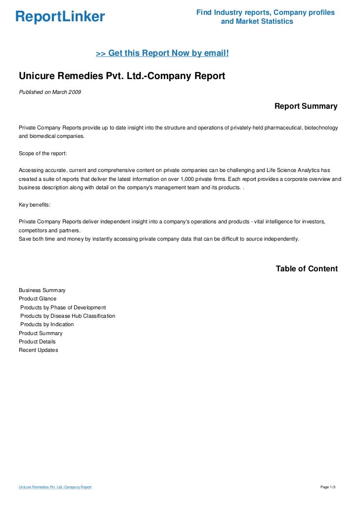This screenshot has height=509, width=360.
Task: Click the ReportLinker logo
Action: click(60, 17)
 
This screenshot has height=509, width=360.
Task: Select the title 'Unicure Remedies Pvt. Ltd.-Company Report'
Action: click(122, 76)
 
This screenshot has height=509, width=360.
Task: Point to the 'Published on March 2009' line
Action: click(50, 92)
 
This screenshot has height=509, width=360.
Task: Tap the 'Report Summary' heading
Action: click(306, 106)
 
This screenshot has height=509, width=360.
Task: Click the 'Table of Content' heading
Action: click(307, 269)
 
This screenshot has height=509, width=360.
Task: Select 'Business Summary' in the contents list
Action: click(42, 290)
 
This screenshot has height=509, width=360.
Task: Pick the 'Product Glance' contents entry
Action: click(38, 299)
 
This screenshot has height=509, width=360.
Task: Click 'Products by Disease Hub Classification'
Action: click(68, 316)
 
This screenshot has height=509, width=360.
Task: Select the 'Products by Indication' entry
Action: click(47, 324)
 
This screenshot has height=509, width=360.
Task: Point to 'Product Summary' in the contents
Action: click(41, 333)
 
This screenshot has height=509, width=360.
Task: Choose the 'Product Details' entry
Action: click(37, 341)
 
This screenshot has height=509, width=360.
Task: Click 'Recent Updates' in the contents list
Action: click(38, 350)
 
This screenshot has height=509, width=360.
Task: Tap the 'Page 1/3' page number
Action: click(328, 488)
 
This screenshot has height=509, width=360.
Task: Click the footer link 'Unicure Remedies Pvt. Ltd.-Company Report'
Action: click(55, 488)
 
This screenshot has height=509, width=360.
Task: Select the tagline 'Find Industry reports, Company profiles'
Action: click(266, 12)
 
